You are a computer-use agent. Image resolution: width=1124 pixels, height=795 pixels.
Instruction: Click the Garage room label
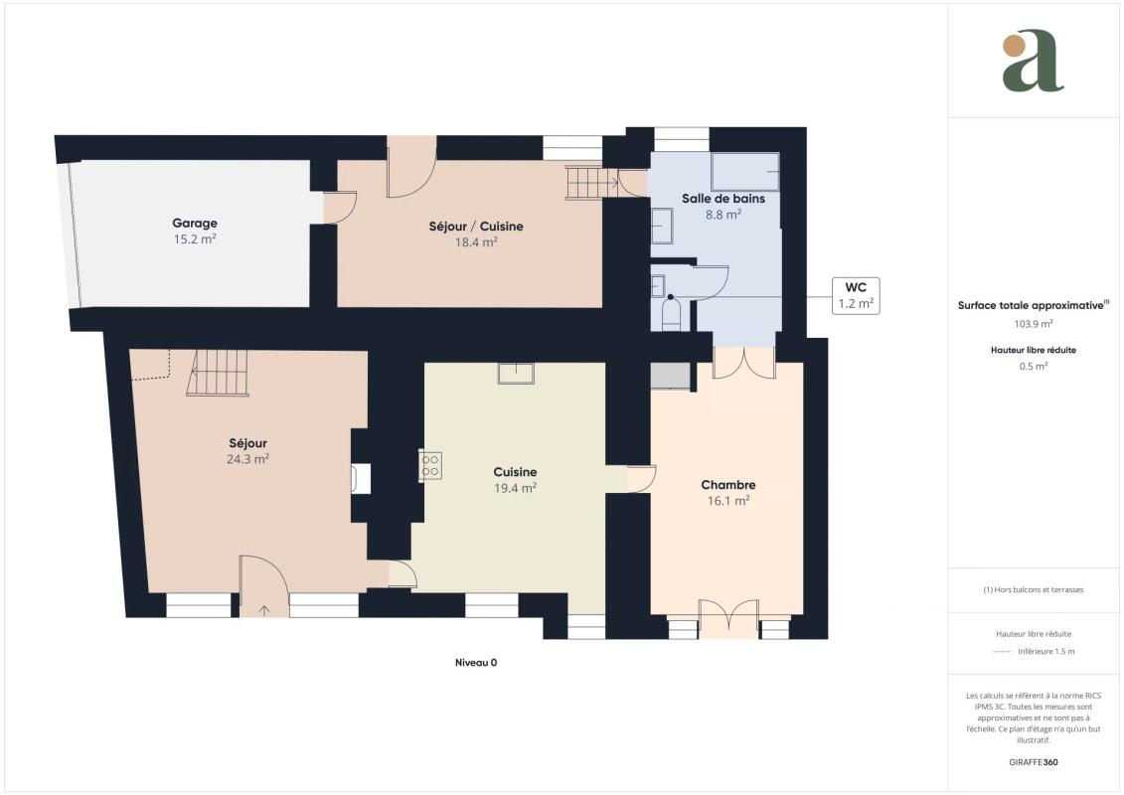click(x=194, y=223)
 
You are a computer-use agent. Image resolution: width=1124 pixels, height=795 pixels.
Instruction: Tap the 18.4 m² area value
click(x=476, y=242)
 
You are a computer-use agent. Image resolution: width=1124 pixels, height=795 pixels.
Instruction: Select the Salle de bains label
click(x=723, y=199)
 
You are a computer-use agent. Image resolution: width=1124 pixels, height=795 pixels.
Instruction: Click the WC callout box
click(x=856, y=295)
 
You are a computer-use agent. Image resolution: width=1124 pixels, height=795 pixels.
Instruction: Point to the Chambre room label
click(x=728, y=485)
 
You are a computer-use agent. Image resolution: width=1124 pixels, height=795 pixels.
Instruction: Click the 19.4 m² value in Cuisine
click(x=516, y=488)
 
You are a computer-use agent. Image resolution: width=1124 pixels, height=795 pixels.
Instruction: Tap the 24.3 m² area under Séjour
click(x=248, y=459)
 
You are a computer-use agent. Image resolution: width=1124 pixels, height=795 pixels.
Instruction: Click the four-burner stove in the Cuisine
click(x=430, y=466)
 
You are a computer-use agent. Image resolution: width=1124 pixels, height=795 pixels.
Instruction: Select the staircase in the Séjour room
click(x=218, y=373)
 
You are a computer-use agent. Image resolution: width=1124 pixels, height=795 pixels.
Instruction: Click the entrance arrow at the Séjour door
click(x=263, y=611)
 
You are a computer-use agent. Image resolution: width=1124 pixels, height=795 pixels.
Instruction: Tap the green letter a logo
click(x=1033, y=61)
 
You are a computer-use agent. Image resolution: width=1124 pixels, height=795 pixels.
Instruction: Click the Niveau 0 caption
click(x=476, y=663)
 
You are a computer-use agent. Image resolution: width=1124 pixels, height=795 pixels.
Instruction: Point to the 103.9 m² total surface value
click(x=1033, y=324)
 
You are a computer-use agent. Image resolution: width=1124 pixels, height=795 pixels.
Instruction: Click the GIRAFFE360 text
click(x=1033, y=762)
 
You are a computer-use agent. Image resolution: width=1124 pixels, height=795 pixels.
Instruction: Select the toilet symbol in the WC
click(x=670, y=313)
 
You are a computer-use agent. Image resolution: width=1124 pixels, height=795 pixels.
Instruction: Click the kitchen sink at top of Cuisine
click(x=516, y=373)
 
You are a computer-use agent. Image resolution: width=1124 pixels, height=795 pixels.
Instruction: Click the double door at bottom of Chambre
click(x=728, y=619)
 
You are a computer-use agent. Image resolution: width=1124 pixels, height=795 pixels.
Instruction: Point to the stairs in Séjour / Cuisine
click(x=591, y=182)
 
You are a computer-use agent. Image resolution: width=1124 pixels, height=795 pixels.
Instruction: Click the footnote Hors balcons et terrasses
click(x=1033, y=590)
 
